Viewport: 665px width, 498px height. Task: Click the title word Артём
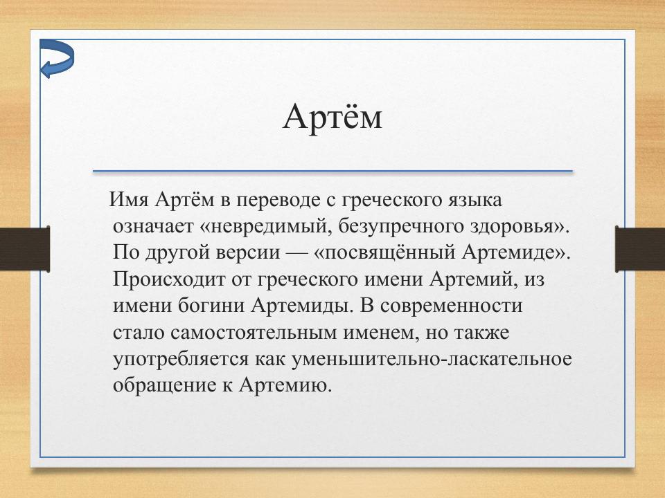point(332,117)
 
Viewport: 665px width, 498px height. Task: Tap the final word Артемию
point(286,384)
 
